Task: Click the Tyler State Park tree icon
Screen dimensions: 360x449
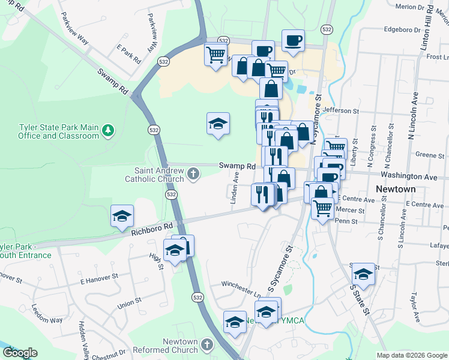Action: click(108, 130)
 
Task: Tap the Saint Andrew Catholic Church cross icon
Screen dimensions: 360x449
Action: click(193, 174)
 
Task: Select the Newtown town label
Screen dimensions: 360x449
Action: click(395, 189)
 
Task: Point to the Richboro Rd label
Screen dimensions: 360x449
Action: click(152, 229)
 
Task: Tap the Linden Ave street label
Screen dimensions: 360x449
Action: click(235, 187)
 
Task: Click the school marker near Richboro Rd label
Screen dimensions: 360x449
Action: click(122, 215)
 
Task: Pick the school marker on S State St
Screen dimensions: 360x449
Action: click(363, 274)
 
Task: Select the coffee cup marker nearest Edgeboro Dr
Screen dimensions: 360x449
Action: click(293, 40)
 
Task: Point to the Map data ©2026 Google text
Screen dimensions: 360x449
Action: click(412, 355)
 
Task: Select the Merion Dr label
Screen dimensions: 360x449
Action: click(414, 7)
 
